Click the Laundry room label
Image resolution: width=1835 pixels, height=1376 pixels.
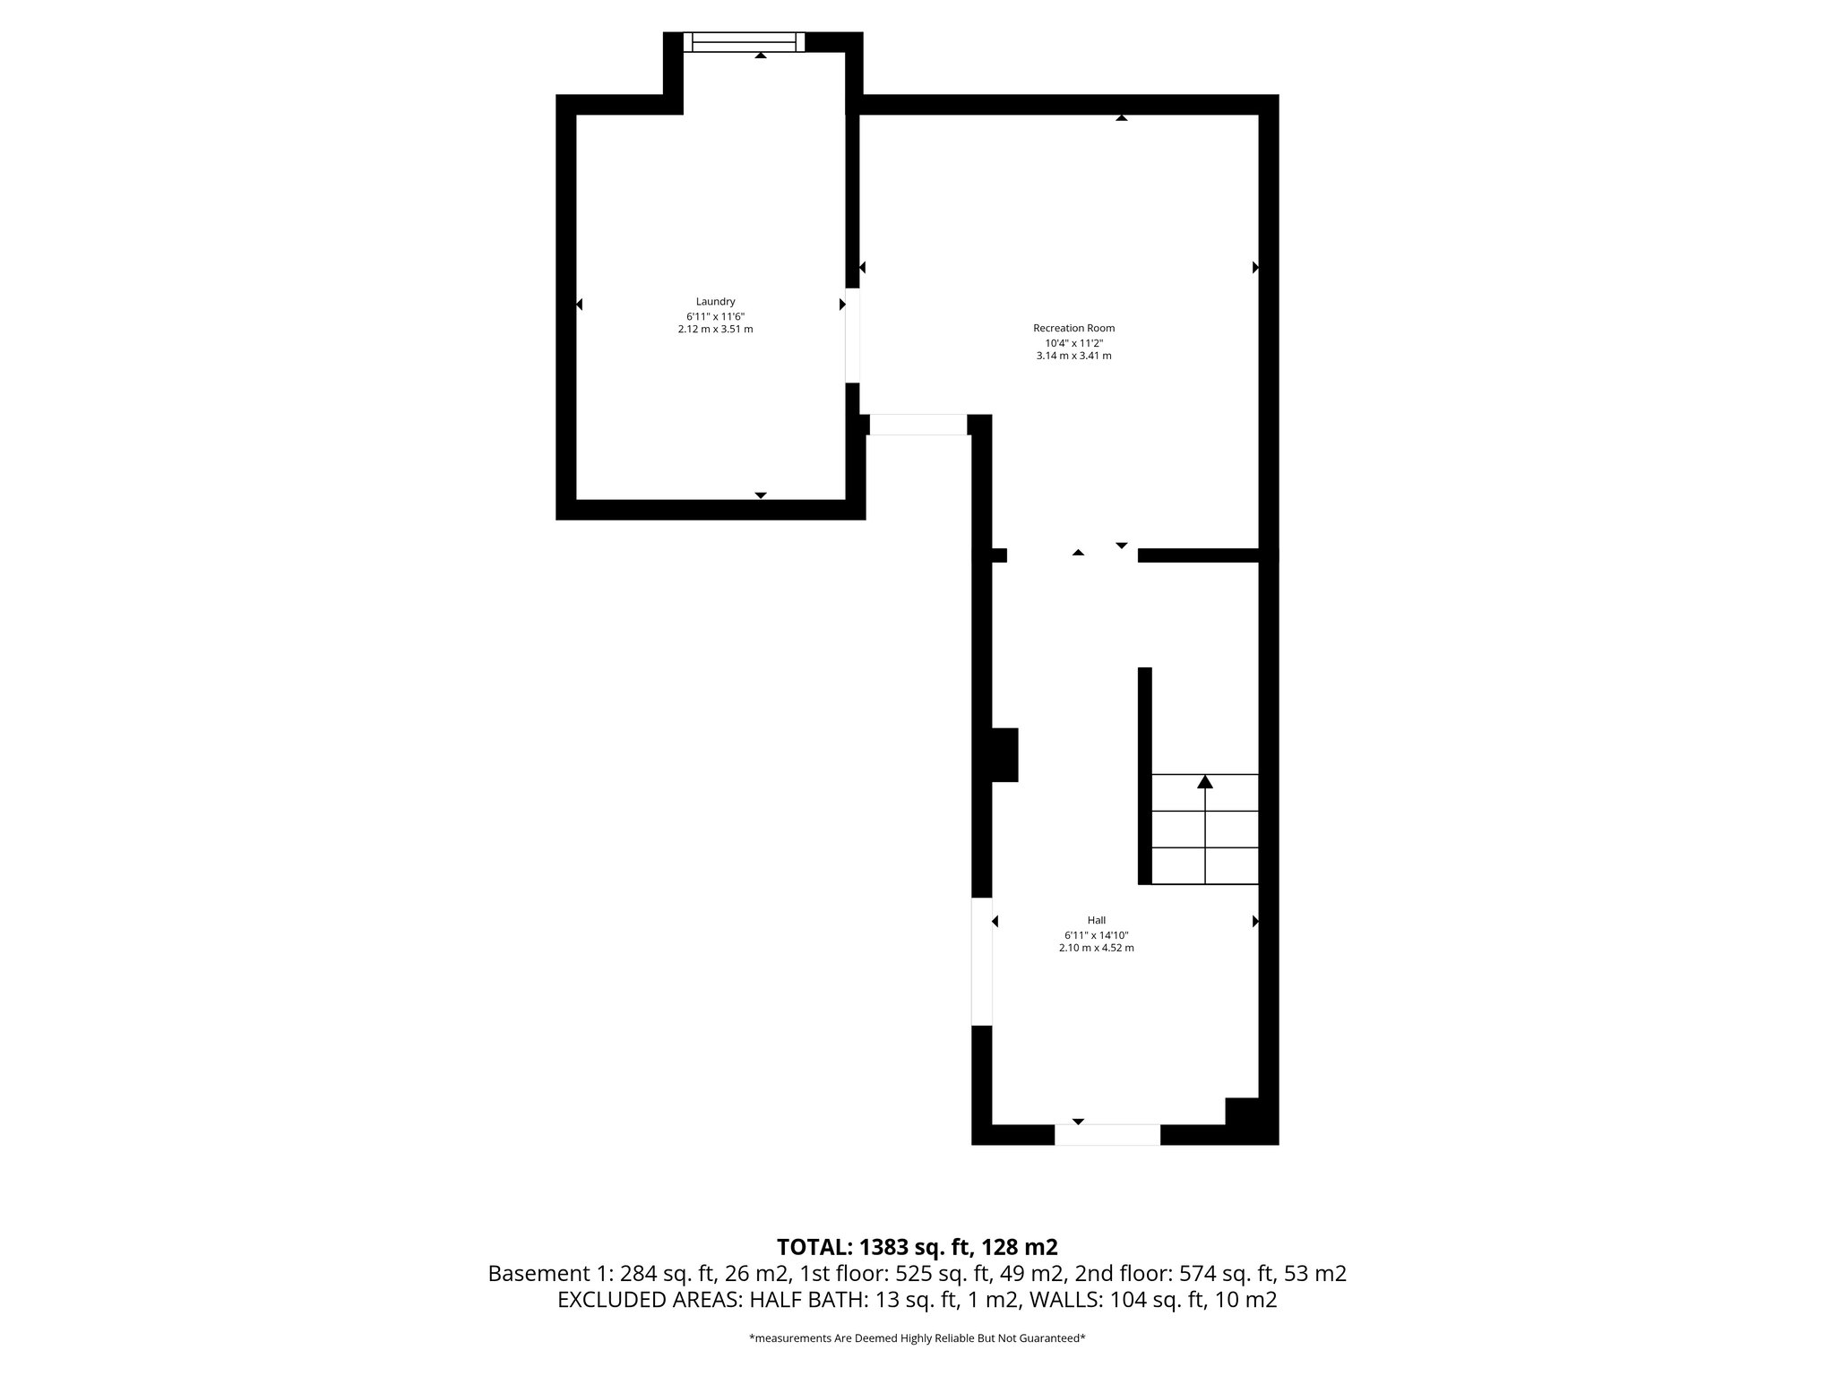pyautogui.click(x=715, y=302)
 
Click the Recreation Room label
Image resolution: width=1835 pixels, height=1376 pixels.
pyautogui.click(x=1073, y=328)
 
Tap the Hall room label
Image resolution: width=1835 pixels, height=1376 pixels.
pyautogui.click(x=1096, y=920)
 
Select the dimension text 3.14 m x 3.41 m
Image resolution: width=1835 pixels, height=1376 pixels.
pyautogui.click(x=1073, y=356)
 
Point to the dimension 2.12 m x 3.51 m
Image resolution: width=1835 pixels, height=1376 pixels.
pyautogui.click(x=715, y=329)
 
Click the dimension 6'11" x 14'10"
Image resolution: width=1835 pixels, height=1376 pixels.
pyautogui.click(x=1096, y=934)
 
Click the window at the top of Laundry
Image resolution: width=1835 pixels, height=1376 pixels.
pyautogui.click(x=744, y=42)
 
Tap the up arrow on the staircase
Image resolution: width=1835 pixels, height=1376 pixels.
pyautogui.click(x=1205, y=782)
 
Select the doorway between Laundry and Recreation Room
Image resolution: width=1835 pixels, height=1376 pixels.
pyautogui.click(x=852, y=335)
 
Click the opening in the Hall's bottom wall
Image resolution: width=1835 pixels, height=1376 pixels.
pyautogui.click(x=1107, y=1134)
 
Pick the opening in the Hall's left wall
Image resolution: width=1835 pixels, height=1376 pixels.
pyautogui.click(x=982, y=961)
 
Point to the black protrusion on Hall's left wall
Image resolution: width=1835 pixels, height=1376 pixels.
pyautogui.click(x=1004, y=754)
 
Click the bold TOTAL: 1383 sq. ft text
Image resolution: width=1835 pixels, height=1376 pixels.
pyautogui.click(x=917, y=1247)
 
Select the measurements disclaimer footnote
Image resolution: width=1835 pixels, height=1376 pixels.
pyautogui.click(x=917, y=1338)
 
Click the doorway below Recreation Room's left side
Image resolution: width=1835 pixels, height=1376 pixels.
pyautogui.click(x=918, y=425)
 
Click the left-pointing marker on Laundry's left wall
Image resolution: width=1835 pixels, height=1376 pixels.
pyautogui.click(x=580, y=305)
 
